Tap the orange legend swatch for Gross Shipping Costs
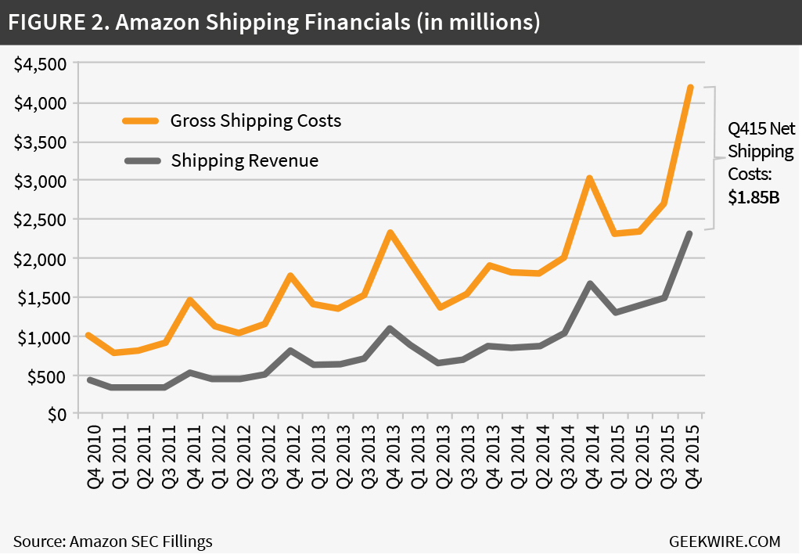pyautogui.click(x=141, y=121)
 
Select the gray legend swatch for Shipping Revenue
pyautogui.click(x=141, y=161)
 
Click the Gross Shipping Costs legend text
pyautogui.click(x=256, y=121)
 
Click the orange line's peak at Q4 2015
pyautogui.click(x=690, y=87)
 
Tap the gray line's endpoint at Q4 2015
pyautogui.click(x=690, y=233)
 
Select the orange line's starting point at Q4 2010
pyautogui.click(x=88, y=335)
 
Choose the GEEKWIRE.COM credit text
pyautogui.click(x=725, y=541)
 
